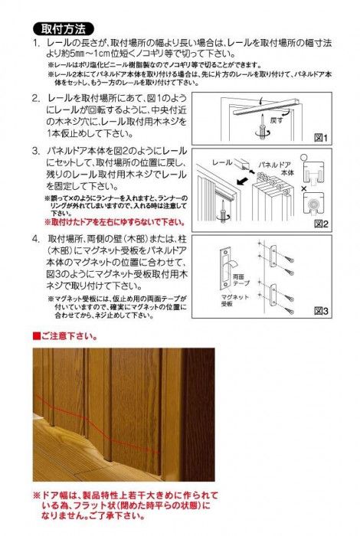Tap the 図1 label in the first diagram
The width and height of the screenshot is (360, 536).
click(319, 139)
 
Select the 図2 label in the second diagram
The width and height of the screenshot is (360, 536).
click(319, 224)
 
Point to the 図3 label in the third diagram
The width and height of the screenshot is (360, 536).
click(319, 311)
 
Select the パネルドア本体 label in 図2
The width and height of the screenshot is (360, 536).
click(272, 168)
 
